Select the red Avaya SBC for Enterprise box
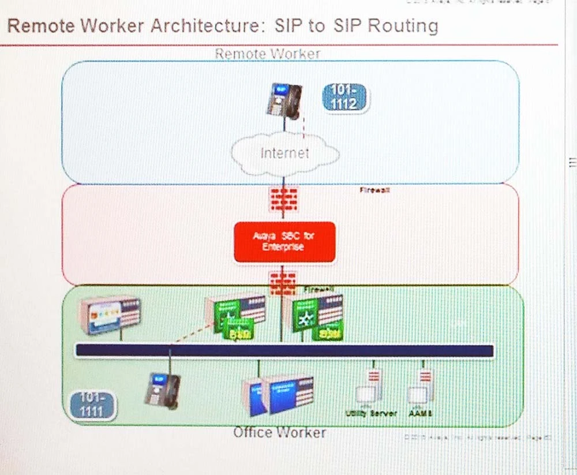click(284, 241)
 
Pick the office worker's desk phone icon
click(163, 390)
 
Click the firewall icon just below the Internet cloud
click(284, 199)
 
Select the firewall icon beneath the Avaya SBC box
click(283, 283)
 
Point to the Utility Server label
click(371, 414)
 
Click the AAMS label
click(420, 414)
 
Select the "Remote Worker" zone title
click(267, 54)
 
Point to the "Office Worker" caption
click(279, 432)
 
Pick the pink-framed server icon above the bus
click(110, 314)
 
